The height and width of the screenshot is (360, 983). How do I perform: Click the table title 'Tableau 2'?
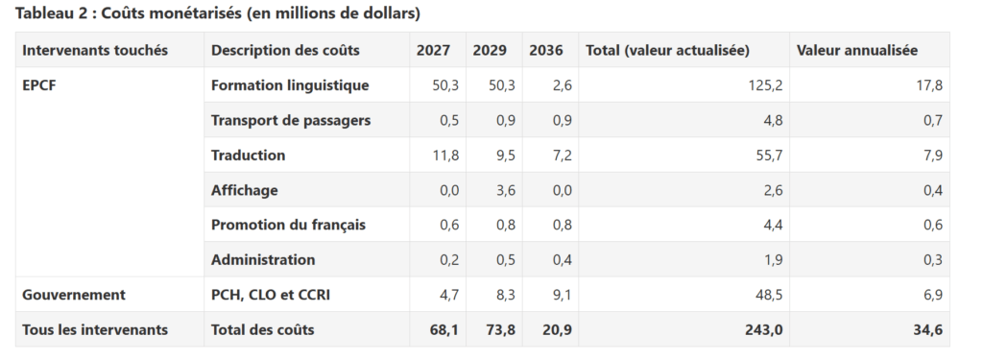49,13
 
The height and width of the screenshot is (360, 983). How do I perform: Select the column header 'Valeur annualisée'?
857,50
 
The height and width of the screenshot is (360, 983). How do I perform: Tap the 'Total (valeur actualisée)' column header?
668,50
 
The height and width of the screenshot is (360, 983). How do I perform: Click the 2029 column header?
490,50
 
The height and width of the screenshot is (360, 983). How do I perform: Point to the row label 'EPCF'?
38,85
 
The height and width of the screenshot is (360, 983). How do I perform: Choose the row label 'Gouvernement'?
74,295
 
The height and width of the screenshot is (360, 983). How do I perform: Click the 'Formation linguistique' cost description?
290,85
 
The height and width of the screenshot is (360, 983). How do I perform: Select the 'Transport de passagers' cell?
291,120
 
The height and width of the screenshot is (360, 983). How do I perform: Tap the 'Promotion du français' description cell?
288,225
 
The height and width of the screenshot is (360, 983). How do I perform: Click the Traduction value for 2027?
445,156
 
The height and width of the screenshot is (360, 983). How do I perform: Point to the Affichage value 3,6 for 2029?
505,190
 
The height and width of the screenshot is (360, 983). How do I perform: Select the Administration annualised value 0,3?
932,259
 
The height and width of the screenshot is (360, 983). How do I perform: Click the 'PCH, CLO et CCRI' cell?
271,295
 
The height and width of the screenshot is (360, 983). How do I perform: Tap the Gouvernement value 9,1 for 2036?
562,295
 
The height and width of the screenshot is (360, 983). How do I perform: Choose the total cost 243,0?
764,330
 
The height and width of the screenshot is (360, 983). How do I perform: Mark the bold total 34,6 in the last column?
928,330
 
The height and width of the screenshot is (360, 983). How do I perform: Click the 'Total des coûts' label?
263,330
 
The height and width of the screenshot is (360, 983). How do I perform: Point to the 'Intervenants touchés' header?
95,50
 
